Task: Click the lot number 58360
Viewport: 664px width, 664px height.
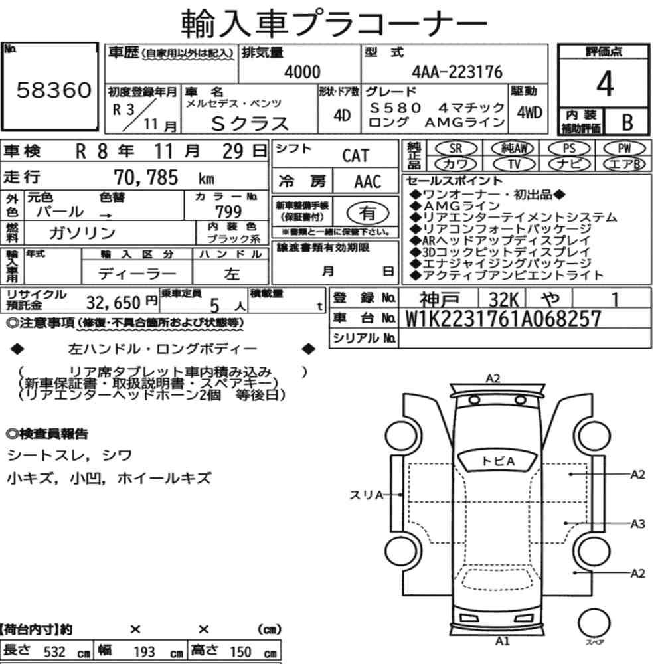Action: (54, 90)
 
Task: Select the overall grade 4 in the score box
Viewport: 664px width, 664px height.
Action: (605, 84)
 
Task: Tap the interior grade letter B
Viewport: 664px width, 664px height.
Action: (627, 122)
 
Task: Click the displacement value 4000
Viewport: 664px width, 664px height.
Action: (302, 72)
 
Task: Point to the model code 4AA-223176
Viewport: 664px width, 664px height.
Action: (457, 72)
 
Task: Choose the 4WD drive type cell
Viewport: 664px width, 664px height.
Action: (529, 112)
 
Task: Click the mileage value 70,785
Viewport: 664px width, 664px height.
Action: (145, 177)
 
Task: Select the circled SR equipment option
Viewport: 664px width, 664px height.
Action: (456, 148)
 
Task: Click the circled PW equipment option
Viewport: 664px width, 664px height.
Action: (625, 148)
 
